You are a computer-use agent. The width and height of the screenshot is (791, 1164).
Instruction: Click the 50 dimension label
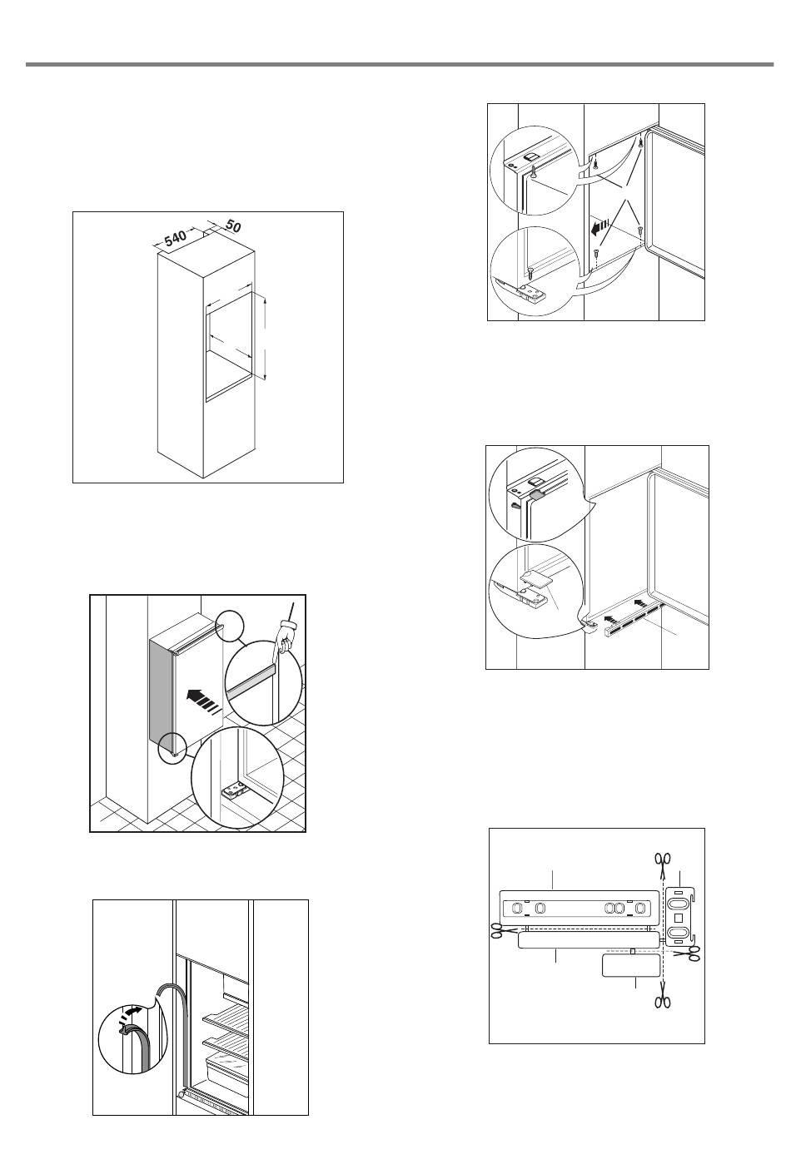click(x=233, y=226)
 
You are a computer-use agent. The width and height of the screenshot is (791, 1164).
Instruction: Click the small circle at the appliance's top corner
click(x=228, y=625)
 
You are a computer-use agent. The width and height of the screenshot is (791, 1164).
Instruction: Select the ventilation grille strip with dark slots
click(x=632, y=621)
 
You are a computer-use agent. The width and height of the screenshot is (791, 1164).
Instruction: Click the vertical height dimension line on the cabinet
click(x=265, y=339)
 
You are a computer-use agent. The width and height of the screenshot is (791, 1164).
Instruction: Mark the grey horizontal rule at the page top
click(x=400, y=64)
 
